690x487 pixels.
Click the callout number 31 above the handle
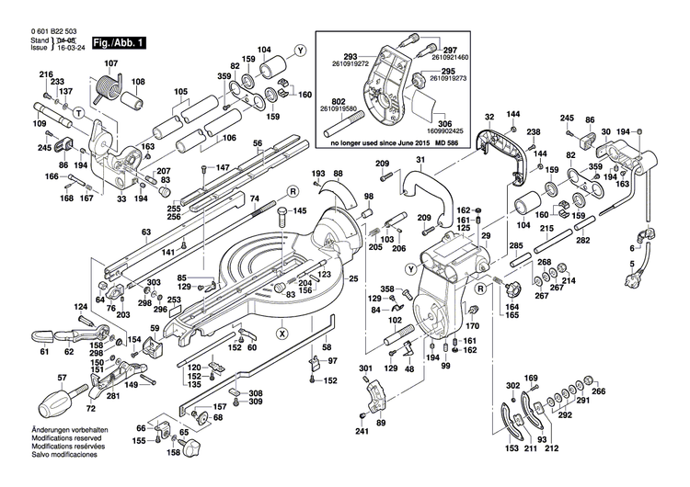420,162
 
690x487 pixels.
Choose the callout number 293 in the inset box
350,56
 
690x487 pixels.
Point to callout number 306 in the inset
444,123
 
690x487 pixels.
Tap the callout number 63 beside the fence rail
145,232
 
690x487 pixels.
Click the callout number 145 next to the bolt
300,211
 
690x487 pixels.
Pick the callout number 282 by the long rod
582,240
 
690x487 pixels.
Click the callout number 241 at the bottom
362,432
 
